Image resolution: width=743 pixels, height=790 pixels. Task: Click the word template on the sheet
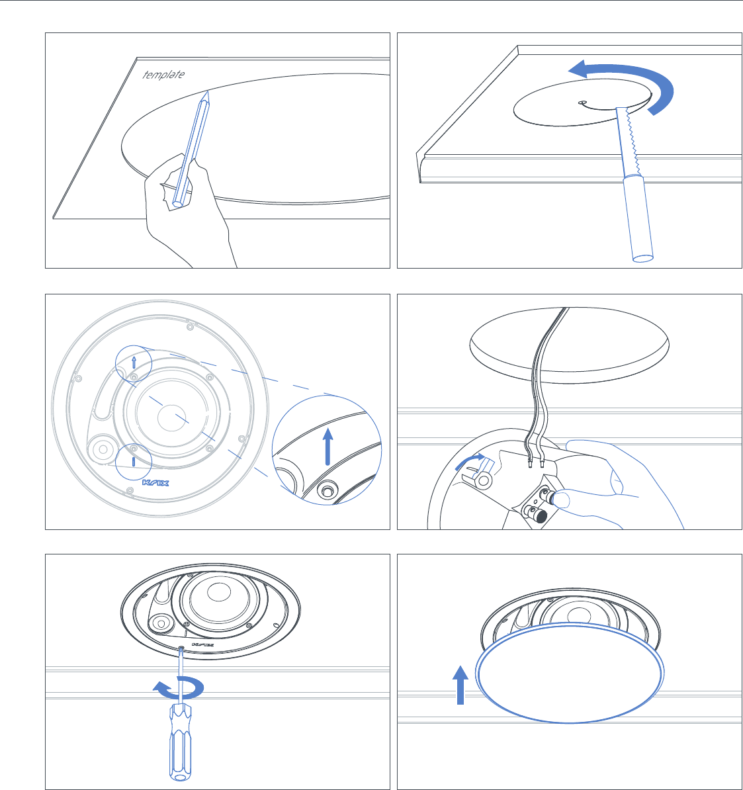[x=163, y=75]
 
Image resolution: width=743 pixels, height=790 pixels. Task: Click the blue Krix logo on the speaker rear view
[x=155, y=482]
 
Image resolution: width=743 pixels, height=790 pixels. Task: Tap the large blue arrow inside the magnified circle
[x=328, y=447]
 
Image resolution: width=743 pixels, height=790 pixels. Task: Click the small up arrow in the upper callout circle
[x=134, y=361]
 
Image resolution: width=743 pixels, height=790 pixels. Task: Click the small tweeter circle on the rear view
[x=103, y=449]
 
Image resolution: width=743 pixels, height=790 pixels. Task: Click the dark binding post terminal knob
[x=540, y=515]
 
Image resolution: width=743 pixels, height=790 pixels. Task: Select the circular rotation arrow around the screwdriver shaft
[x=179, y=688]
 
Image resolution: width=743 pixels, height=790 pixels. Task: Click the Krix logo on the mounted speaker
[x=202, y=645]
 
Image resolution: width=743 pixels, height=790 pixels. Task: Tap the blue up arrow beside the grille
[x=460, y=685]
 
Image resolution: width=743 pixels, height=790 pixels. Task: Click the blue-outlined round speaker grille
[x=570, y=673]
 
